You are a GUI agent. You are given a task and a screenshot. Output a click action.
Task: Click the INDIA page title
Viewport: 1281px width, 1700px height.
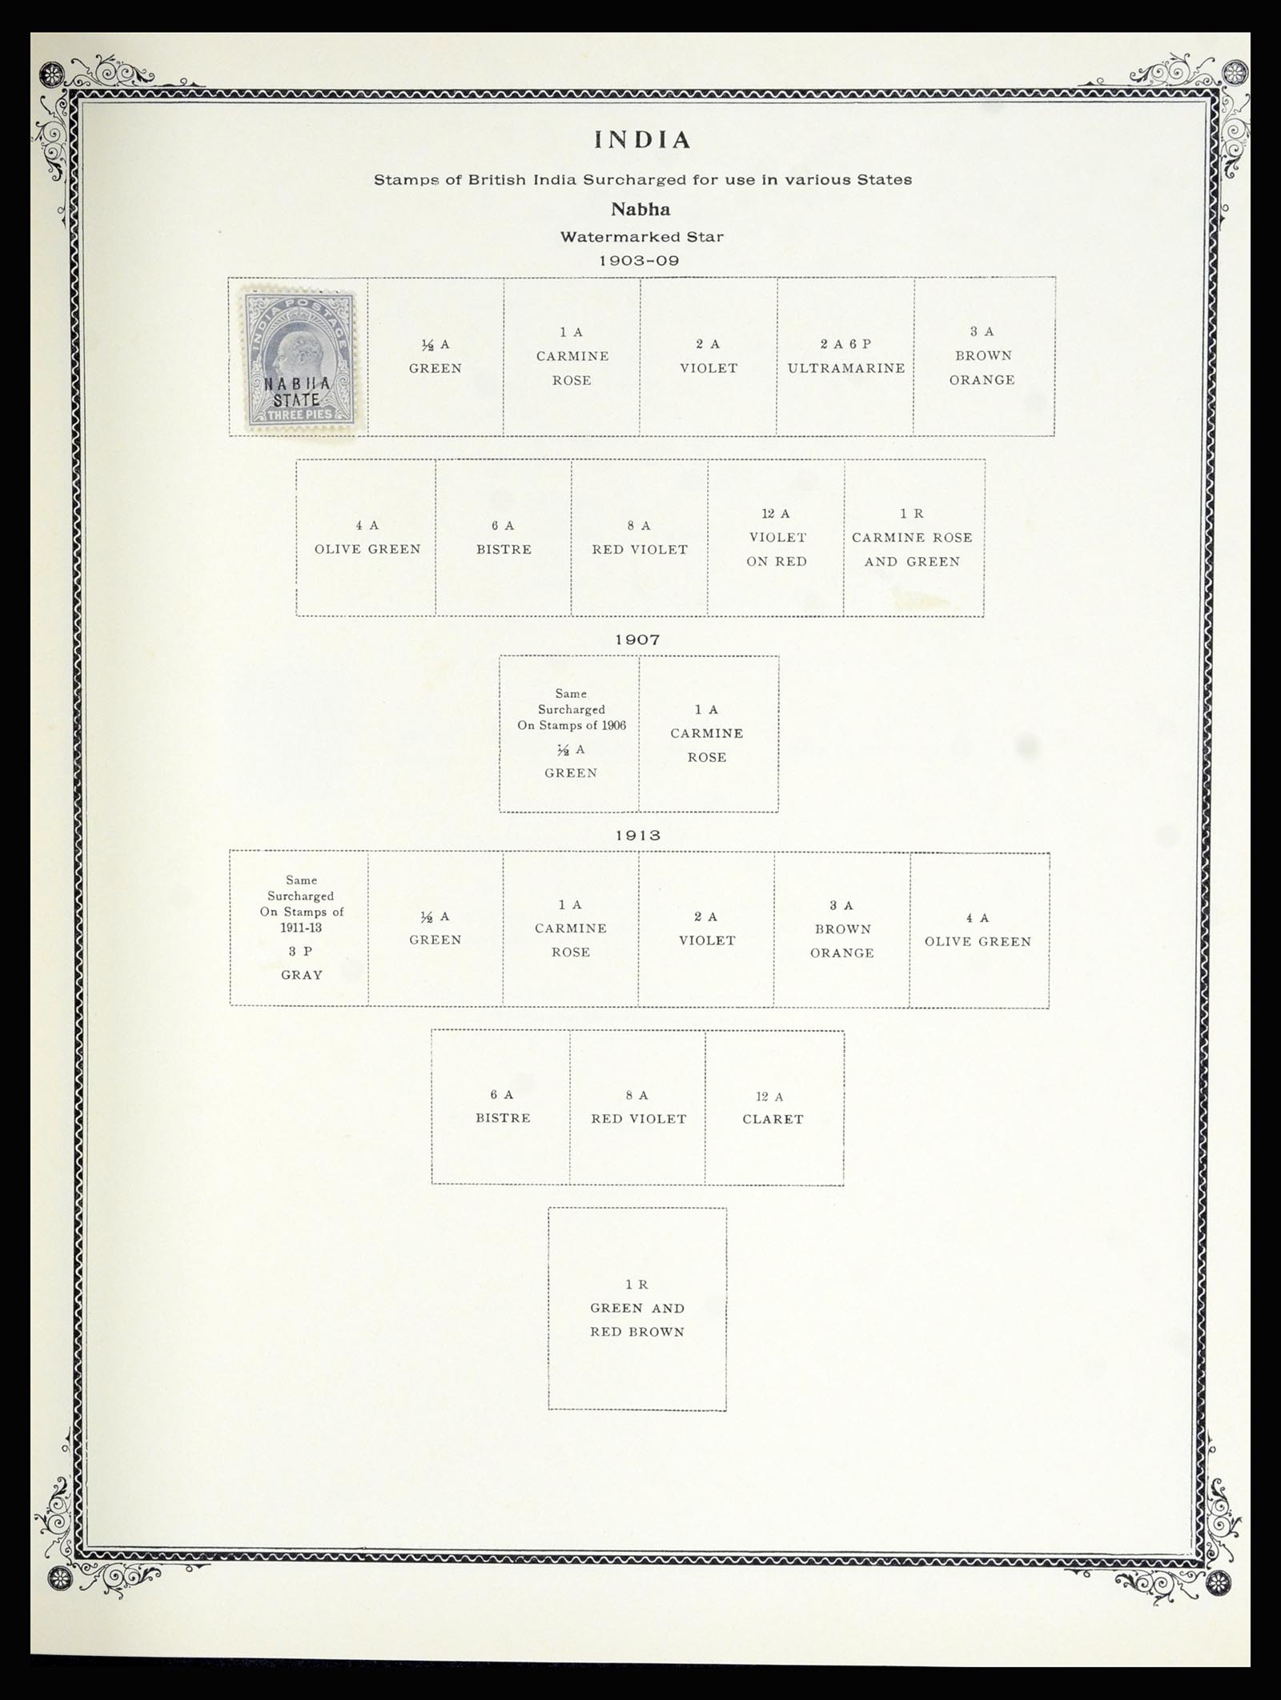tap(642, 141)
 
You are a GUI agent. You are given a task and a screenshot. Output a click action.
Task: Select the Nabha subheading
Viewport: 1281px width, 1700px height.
tap(640, 210)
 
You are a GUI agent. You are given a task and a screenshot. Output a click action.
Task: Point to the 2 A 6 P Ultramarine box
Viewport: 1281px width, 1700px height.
tap(845, 357)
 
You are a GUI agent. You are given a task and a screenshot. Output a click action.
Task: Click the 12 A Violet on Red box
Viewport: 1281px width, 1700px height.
tap(776, 538)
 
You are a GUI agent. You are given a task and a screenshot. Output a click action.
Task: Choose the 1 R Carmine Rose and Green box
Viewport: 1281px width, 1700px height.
tap(914, 538)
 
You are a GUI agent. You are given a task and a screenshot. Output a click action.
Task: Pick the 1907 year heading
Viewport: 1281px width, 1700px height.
tap(638, 640)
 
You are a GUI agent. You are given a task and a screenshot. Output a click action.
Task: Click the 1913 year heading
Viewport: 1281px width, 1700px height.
tap(638, 835)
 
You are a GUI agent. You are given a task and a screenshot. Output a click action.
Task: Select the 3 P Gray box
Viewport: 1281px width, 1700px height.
tap(299, 928)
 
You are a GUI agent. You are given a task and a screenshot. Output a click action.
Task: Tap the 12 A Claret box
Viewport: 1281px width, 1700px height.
tap(774, 1108)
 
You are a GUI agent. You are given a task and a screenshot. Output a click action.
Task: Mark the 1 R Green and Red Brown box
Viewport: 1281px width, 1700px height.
tap(637, 1309)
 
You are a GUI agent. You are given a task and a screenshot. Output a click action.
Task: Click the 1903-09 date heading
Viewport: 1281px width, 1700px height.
tap(639, 261)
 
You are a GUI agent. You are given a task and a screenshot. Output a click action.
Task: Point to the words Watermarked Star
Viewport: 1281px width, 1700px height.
tap(641, 237)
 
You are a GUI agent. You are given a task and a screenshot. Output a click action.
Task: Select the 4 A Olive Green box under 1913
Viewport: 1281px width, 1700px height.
tap(979, 929)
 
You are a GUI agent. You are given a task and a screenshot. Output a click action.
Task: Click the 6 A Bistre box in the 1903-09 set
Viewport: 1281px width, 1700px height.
tap(504, 538)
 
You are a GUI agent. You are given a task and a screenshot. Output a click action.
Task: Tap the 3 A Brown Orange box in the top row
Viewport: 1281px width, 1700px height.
tap(984, 357)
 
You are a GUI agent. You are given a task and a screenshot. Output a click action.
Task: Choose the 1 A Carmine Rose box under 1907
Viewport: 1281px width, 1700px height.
tap(709, 734)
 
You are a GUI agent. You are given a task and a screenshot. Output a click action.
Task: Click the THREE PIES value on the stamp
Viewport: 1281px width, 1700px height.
tap(300, 415)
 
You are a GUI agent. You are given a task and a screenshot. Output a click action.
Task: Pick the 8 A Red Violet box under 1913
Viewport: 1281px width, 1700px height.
tap(638, 1108)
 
